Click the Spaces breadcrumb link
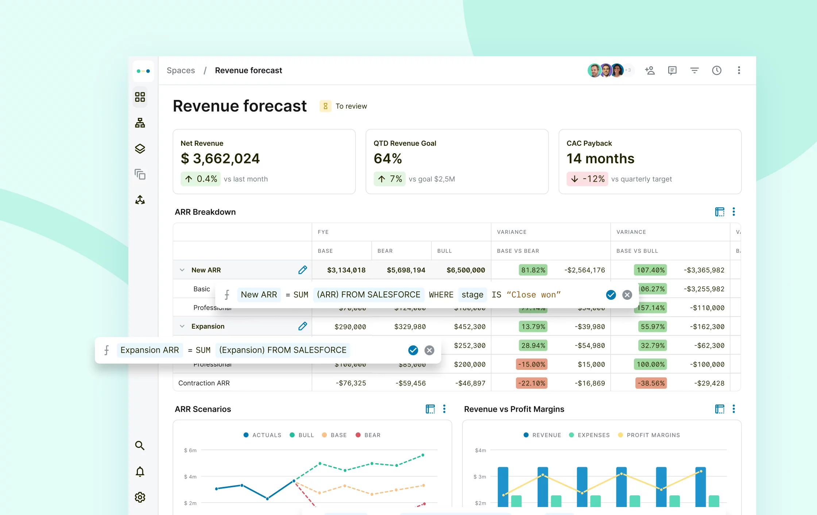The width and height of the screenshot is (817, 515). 181,70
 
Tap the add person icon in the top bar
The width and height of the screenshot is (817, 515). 650,70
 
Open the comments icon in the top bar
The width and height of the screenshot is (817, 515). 672,70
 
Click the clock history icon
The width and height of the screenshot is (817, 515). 716,70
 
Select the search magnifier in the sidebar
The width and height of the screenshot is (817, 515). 140,445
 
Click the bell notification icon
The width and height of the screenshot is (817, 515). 140,472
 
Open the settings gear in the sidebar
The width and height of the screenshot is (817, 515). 140,497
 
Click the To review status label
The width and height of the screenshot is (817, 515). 351,106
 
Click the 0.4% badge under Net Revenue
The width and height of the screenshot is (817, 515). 201,179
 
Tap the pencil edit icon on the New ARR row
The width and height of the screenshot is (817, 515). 302,270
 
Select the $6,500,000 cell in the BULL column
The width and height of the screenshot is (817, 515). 465,270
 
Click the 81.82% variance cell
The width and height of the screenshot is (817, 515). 533,270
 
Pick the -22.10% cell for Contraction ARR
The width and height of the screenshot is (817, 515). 531,383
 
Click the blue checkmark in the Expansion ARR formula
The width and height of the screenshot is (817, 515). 413,350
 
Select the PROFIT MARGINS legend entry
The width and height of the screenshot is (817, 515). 649,435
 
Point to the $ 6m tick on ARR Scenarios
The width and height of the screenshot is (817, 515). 190,450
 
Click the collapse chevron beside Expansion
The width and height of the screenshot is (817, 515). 182,326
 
